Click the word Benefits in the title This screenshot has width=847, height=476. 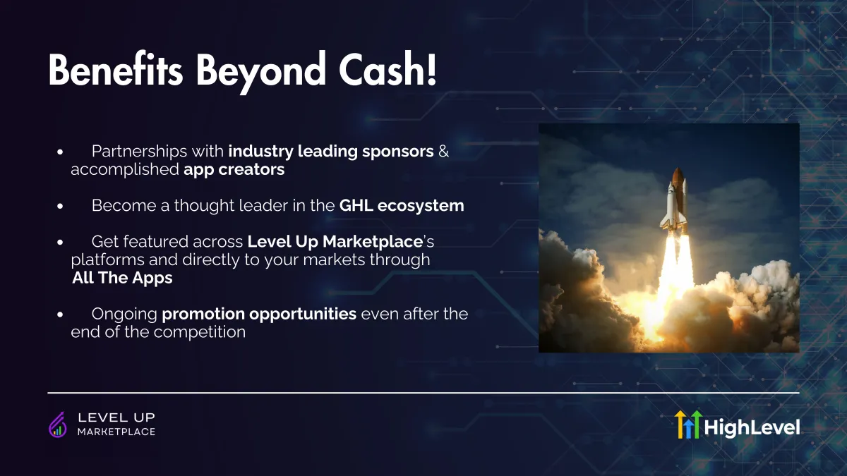pos(116,71)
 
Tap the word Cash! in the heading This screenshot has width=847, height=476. pos(388,70)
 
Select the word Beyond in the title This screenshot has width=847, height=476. pos(261,73)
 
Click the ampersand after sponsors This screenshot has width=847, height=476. pos(443,151)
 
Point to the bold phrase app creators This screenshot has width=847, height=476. pos(234,170)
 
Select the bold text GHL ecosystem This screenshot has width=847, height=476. pos(402,206)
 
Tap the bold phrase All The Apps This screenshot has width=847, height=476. pos(122,278)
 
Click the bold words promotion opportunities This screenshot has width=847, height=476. pos(259,315)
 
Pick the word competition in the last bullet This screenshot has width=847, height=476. pos(200,332)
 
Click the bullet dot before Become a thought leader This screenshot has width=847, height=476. pos(60,206)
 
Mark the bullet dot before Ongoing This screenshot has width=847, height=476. pos(60,315)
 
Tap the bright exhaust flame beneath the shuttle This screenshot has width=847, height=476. pos(675,272)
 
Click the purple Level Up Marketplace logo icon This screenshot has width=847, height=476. pos(58,425)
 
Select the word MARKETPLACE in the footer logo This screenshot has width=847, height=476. pos(116,432)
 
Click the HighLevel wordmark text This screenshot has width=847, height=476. pos(752,427)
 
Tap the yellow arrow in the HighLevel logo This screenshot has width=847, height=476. pos(680,425)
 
